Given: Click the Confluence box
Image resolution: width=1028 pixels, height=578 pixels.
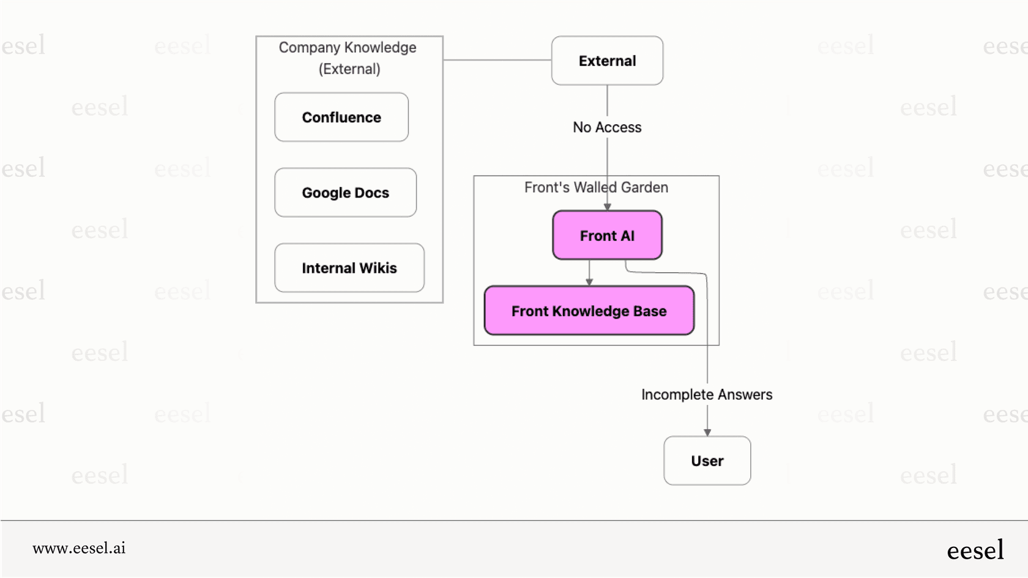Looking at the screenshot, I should tap(341, 117).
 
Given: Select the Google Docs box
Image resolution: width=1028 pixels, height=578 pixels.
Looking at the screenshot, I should tap(345, 193).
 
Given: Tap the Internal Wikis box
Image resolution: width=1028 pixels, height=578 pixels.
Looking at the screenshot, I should tap(349, 268).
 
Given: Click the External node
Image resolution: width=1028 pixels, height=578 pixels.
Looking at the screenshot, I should tap(607, 61).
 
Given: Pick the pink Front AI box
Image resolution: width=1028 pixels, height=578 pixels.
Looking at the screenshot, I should tap(607, 235).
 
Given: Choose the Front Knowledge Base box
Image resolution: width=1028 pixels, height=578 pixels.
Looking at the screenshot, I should tap(589, 311).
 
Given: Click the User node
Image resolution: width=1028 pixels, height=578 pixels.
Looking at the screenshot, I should tap(707, 461).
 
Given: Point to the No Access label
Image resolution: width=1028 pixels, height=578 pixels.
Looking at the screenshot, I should tap(607, 127).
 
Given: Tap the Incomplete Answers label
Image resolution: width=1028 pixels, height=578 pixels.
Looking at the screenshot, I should tap(707, 395).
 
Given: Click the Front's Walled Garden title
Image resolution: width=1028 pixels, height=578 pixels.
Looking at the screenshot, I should tap(596, 187).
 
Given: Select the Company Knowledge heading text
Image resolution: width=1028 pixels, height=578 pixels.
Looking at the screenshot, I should tap(348, 48).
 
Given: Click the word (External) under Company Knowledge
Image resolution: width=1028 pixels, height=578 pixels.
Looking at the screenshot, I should tap(349, 69).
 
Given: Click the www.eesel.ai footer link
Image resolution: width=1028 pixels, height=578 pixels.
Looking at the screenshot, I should tap(79, 548).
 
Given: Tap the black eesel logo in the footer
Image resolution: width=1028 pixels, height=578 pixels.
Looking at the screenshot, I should tap(975, 550).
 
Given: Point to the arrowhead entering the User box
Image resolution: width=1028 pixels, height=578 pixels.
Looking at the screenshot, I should tap(707, 432).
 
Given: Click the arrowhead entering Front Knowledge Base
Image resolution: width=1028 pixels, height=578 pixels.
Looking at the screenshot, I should tap(589, 282).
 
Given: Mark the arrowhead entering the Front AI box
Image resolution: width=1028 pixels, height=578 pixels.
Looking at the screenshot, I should tap(607, 207).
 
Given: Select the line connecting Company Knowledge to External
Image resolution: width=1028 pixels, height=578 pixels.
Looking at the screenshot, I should tap(497, 60).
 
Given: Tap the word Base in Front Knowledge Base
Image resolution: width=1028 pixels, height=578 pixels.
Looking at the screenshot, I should tap(650, 311).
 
